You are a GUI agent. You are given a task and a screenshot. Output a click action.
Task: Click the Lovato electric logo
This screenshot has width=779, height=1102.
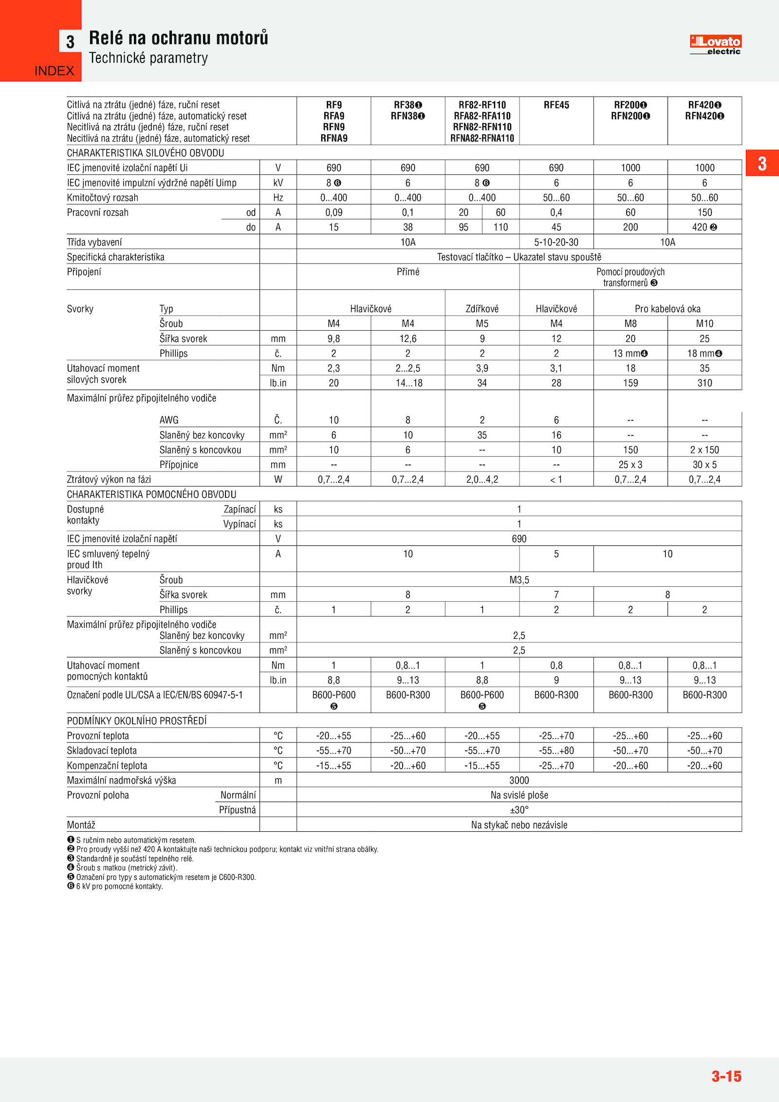715,45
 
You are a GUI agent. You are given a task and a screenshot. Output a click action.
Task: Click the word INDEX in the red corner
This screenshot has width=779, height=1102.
54,71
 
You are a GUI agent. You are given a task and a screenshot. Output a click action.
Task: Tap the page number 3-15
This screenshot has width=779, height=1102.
726,1076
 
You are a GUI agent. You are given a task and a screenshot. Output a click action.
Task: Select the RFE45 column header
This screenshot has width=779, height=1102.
556,105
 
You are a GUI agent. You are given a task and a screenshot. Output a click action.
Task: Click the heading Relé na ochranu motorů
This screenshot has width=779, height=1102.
178,38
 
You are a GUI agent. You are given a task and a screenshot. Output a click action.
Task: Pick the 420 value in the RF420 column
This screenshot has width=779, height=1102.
700,227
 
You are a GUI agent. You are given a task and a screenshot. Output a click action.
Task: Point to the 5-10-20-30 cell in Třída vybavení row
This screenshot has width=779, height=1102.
556,243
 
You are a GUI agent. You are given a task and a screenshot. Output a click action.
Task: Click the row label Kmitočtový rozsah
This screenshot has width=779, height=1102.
103,198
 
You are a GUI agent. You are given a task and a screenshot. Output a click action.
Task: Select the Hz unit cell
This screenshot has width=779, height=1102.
278,198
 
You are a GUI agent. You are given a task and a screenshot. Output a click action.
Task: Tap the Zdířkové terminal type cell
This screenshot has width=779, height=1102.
482,309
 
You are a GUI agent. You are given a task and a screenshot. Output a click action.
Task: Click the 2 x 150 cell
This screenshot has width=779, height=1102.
704,450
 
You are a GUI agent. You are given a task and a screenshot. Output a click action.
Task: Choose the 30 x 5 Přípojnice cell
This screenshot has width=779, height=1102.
704,465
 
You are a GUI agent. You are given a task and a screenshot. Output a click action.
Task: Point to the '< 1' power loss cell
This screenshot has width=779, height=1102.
556,480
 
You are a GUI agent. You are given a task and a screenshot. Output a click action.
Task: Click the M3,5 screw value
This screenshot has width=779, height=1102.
519,580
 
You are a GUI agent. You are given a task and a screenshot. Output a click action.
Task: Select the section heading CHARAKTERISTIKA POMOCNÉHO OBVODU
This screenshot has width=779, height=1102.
151,494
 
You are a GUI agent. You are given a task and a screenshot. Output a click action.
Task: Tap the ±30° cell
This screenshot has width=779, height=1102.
519,810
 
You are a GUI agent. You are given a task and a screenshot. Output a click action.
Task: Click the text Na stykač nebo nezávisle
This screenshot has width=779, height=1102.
519,825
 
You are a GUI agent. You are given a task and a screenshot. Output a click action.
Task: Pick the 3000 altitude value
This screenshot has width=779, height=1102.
519,781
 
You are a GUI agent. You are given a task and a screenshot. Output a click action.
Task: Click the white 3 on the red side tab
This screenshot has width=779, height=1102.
762,164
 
